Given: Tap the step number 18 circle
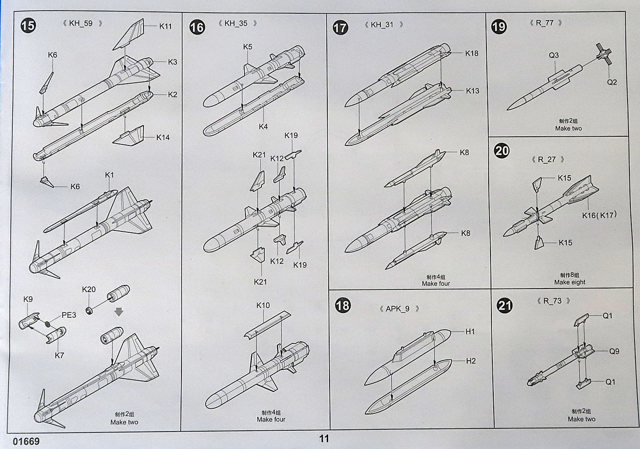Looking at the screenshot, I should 342,305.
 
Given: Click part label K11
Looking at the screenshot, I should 165,26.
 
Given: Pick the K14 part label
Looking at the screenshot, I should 163,137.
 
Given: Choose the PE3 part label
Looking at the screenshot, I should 69,315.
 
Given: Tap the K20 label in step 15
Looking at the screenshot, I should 89,289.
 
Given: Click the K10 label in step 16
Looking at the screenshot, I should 263,305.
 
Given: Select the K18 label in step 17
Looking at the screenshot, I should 472,53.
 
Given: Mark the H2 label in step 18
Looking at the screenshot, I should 471,361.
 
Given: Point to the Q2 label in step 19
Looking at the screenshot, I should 612,82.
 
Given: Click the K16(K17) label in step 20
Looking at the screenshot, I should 599,215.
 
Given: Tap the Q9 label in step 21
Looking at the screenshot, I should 614,351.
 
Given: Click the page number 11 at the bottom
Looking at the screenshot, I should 324,439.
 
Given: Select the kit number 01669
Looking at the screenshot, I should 27,442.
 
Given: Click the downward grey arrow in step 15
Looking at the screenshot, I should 119,312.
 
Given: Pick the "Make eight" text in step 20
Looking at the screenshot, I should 570,282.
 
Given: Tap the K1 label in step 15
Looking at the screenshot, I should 109,175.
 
